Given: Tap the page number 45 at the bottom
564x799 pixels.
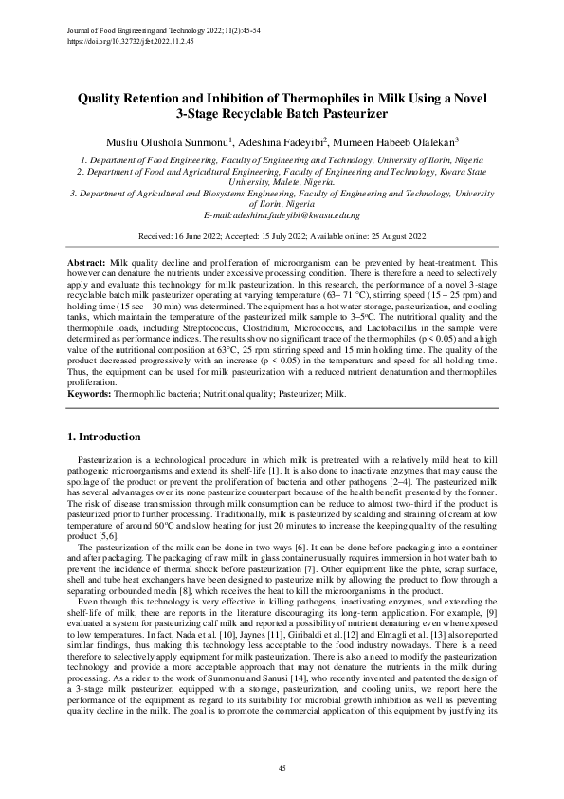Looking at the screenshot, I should point(282,767).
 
